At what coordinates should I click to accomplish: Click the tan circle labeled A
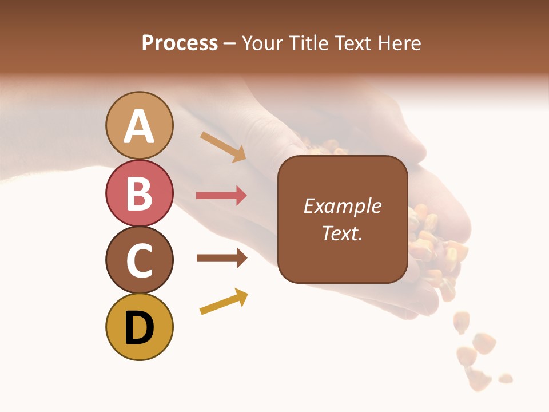[140, 125]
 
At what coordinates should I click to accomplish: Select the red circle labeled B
[140, 193]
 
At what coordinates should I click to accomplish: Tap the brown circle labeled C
[140, 260]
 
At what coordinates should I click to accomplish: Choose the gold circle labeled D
[140, 327]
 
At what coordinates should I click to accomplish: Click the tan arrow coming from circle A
[222, 146]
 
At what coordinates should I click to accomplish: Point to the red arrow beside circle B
[221, 196]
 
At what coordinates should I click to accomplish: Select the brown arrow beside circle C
[221, 257]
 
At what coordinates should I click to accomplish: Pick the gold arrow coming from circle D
[224, 302]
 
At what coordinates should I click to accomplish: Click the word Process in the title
[180, 43]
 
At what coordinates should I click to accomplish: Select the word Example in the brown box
[343, 206]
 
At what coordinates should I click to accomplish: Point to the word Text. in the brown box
[343, 233]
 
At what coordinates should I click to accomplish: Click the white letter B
[140, 193]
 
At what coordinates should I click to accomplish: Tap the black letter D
[140, 328]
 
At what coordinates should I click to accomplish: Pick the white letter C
[140, 260]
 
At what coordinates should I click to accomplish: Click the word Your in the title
[261, 43]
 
